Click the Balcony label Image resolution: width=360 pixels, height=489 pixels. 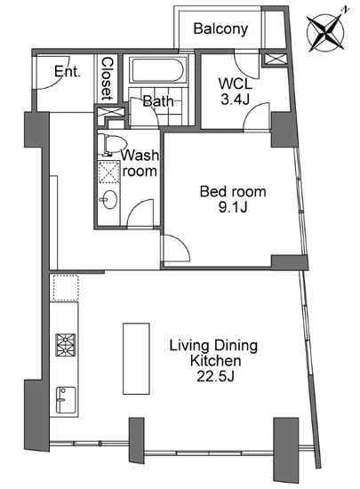pyautogui.click(x=220, y=29)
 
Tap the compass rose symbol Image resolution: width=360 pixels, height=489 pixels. pyautogui.click(x=326, y=32)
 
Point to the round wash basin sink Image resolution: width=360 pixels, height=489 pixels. pyautogui.click(x=108, y=199)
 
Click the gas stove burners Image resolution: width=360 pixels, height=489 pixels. pyautogui.click(x=66, y=345)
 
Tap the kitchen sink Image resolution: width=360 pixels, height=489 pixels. pyautogui.click(x=66, y=400)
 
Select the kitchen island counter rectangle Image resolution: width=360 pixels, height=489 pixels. pyautogui.click(x=136, y=358)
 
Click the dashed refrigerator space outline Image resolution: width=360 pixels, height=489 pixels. pyautogui.click(x=66, y=287)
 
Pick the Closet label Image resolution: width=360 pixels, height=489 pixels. pyautogui.click(x=107, y=78)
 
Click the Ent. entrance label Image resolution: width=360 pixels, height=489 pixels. pyautogui.click(x=68, y=71)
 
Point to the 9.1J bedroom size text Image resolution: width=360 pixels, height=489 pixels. pyautogui.click(x=233, y=207)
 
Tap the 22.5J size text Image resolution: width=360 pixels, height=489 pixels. pyautogui.click(x=215, y=376)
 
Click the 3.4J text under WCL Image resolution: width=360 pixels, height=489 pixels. pyautogui.click(x=235, y=100)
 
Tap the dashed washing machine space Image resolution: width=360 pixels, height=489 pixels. pyautogui.click(x=109, y=172)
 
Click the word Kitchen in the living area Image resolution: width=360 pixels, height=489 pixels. pyautogui.click(x=215, y=361)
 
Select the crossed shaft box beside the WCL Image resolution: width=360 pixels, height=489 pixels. pyautogui.click(x=276, y=60)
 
